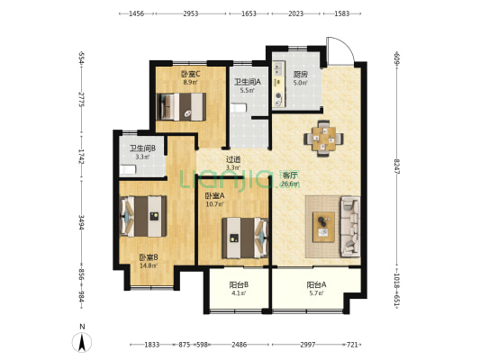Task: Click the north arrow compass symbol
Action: pos(82,342)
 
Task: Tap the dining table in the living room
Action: pos(323,139)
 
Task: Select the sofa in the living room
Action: pos(350,227)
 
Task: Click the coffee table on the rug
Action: pos(323,227)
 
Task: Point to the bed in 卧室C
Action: pos(181,107)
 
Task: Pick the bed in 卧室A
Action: pos(245,238)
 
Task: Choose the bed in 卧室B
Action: pos(143,216)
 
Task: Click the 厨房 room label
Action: pos(300,75)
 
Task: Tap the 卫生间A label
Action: pos(248,82)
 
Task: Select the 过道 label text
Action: pos(233,159)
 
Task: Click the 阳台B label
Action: pos(239,284)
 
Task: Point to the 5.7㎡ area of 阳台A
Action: pos(316,293)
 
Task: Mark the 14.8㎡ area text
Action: pos(149,265)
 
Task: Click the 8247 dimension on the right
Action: pos(397,166)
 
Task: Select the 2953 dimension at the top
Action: pos(191,13)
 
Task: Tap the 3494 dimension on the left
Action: pos(81,222)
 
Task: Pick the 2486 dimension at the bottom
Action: pos(239,345)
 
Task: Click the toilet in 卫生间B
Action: pos(127,170)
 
